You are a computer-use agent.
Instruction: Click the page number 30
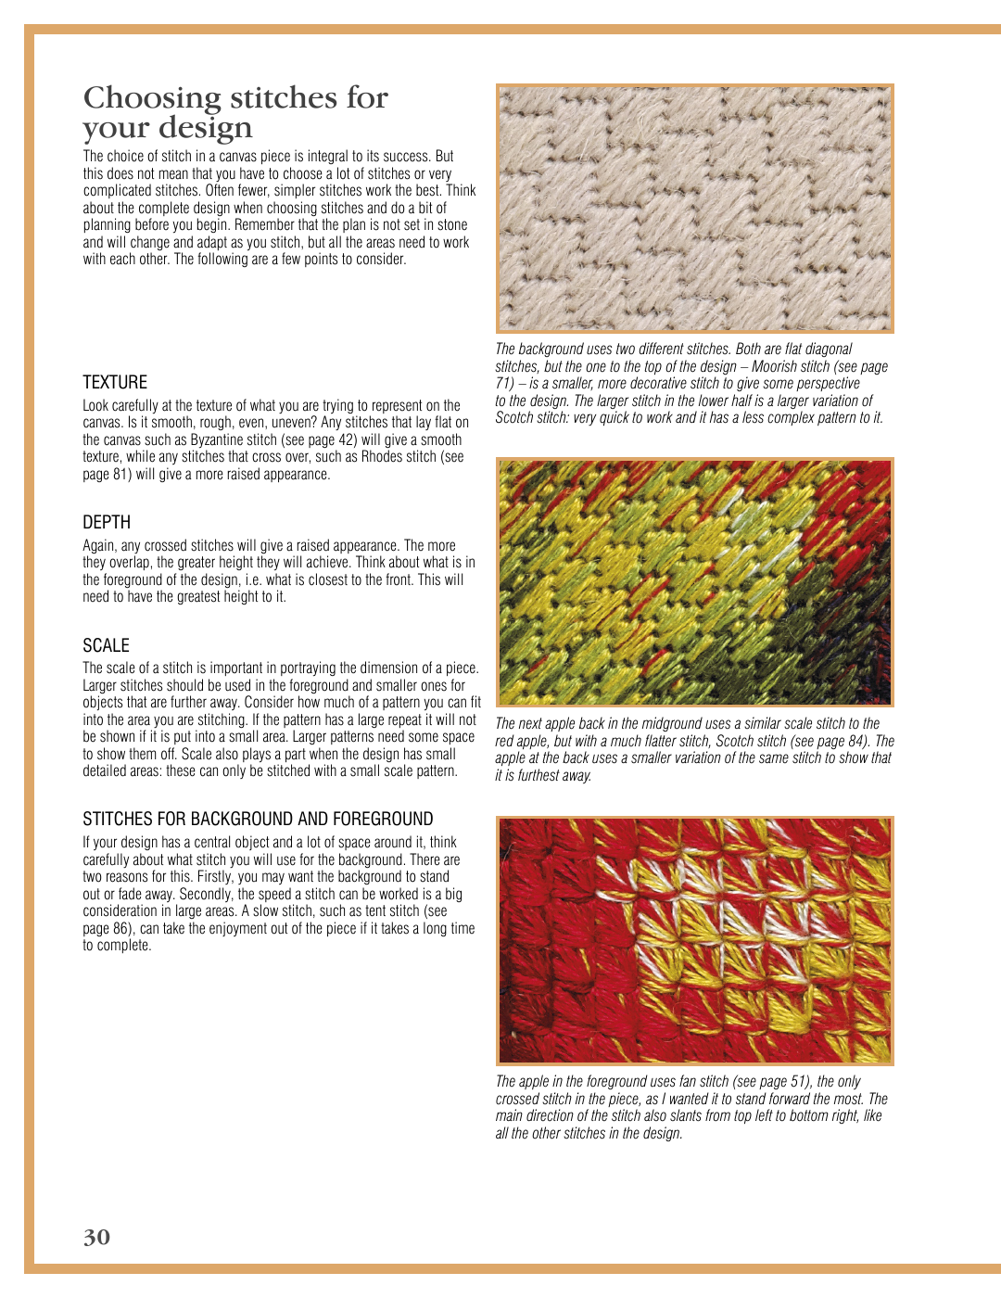click(96, 1237)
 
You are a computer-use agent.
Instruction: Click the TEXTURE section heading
click(115, 382)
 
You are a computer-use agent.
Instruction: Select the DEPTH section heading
click(107, 522)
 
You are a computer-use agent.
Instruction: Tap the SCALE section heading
click(106, 645)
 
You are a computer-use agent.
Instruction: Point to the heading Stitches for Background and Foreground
click(258, 819)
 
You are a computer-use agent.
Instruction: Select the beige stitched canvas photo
click(694, 209)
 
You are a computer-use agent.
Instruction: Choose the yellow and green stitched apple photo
click(694, 581)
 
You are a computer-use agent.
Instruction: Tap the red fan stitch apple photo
click(694, 940)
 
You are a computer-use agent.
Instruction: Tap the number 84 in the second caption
click(857, 741)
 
